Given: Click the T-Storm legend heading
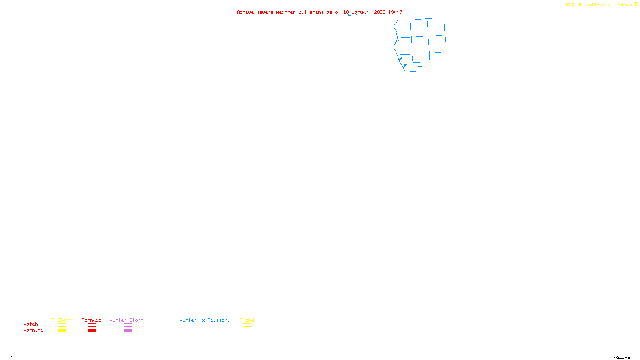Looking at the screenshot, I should [62, 320].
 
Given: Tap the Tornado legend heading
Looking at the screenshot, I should [92, 320].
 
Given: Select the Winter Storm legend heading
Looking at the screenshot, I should [126, 320].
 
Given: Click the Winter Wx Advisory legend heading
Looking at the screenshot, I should [205, 320].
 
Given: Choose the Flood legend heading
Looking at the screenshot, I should [247, 320].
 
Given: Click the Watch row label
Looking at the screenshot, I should [31, 324].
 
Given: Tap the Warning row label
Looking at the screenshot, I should [34, 330].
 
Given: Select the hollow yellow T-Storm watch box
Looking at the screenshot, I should [62, 325].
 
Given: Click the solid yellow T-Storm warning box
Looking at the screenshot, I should [62, 331].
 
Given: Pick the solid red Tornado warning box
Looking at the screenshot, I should [92, 331].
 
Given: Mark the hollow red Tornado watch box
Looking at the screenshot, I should [92, 325].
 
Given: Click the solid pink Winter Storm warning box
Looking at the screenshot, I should [128, 331].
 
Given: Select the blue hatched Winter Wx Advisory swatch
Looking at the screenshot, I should [204, 331].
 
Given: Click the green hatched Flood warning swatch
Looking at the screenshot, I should [247, 331].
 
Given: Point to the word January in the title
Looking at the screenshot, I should [362, 12].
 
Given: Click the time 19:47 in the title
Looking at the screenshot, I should [395, 12].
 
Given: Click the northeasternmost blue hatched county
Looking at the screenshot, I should [436, 27].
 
